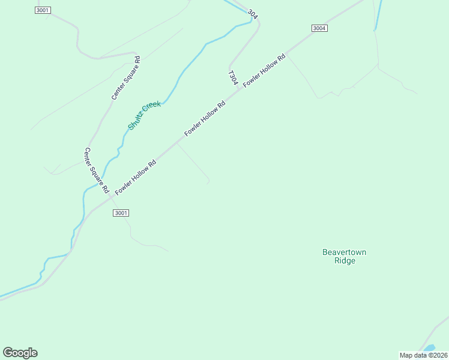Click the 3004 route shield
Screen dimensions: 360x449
point(319,28)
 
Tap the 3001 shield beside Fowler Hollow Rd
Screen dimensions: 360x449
point(121,213)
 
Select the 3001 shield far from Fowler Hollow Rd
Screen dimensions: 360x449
point(43,10)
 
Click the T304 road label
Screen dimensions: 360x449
point(233,78)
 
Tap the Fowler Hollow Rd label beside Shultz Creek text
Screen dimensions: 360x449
point(205,118)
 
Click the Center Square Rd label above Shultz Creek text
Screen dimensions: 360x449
point(125,78)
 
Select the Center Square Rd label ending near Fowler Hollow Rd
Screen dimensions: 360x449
point(97,170)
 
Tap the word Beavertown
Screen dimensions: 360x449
point(344,252)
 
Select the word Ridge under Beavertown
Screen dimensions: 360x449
point(345,261)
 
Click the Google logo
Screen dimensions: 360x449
point(20,353)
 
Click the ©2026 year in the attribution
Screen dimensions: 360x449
point(437,355)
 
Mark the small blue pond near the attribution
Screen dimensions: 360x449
point(429,348)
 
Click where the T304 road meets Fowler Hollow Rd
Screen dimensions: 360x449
point(241,88)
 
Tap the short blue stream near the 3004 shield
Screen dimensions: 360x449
point(378,15)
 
